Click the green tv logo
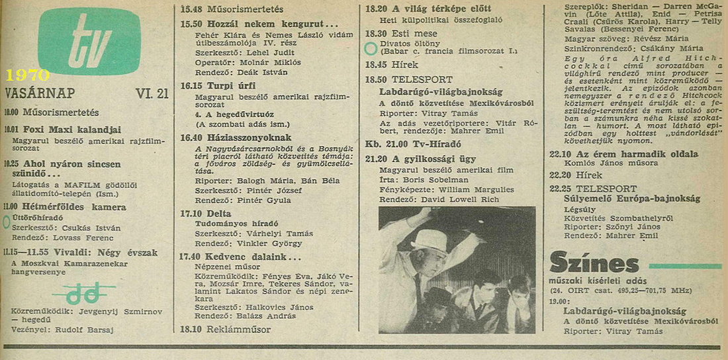tap(89, 41)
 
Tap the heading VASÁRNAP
tap(40, 93)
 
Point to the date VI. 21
tap(152, 93)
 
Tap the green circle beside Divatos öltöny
tap(371, 48)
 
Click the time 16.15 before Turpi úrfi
tap(191, 85)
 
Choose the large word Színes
tap(594, 263)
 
